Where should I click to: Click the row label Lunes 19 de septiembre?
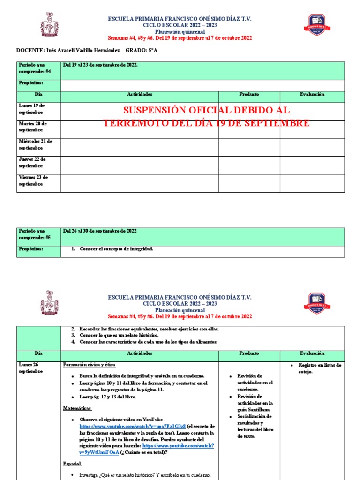click(x=32, y=109)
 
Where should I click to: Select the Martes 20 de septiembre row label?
click(x=33, y=127)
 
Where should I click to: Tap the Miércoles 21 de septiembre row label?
click(x=36, y=144)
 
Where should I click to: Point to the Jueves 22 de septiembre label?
click(x=32, y=162)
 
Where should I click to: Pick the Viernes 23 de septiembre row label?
click(x=33, y=180)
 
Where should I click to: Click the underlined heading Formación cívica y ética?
click(x=89, y=365)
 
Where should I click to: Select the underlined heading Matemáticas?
click(x=77, y=408)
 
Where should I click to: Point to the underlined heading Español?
click(x=72, y=464)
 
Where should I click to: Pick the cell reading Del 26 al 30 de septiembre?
click(x=100, y=231)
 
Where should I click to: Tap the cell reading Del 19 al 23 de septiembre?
click(x=100, y=65)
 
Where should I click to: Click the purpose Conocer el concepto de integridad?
click(x=116, y=249)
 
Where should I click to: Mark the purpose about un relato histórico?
click(x=119, y=335)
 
